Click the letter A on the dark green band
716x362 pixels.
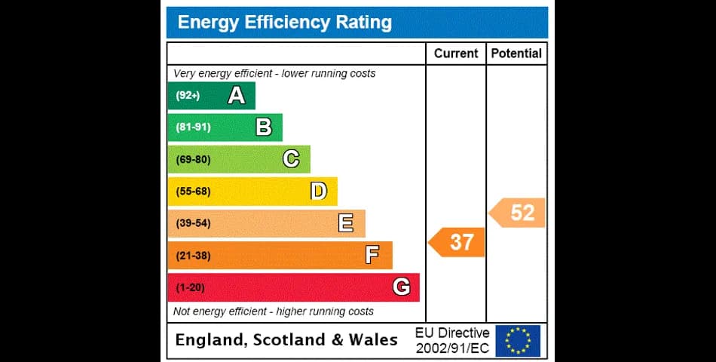(x=237, y=96)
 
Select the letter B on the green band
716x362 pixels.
(x=264, y=127)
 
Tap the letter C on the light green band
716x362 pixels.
(x=291, y=159)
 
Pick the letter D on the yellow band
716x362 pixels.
(x=319, y=191)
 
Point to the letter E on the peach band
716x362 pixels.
(x=346, y=223)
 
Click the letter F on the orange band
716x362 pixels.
(x=372, y=255)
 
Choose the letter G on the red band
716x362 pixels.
(x=402, y=287)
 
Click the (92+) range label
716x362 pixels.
(x=188, y=96)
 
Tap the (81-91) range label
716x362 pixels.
(x=193, y=127)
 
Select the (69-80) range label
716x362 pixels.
(x=193, y=160)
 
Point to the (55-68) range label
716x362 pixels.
(x=193, y=192)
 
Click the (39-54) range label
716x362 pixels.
(x=193, y=223)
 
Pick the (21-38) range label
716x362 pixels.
(x=193, y=256)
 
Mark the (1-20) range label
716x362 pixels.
(x=191, y=288)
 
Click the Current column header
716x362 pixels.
(x=456, y=54)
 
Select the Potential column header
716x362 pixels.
(x=516, y=54)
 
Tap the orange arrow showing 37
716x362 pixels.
(x=456, y=242)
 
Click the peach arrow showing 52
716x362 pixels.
(x=517, y=213)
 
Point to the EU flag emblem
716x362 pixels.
(x=518, y=341)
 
